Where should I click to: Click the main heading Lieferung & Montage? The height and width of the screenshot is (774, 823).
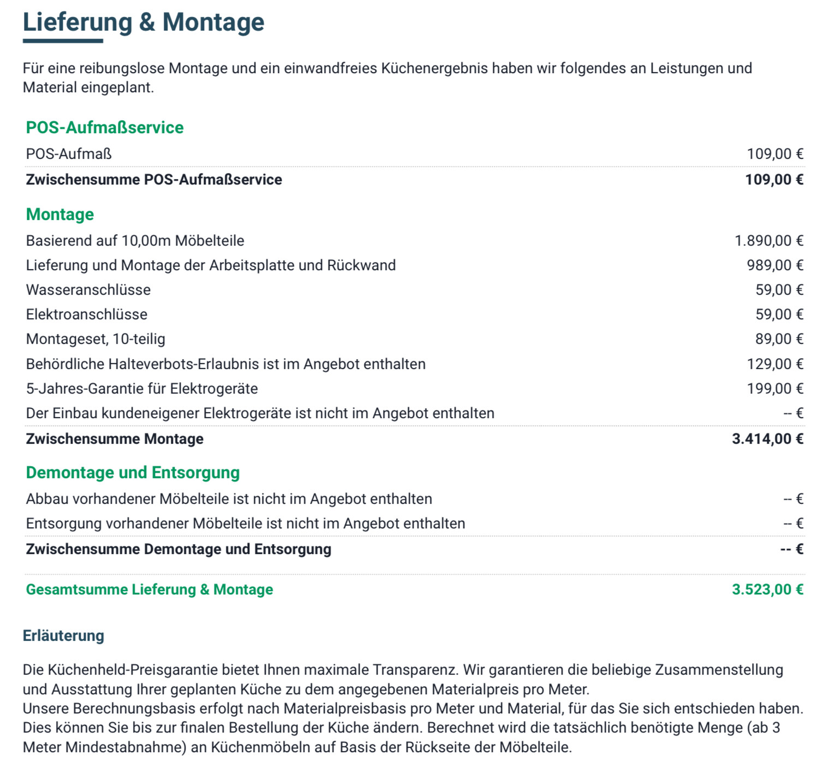pyautogui.click(x=144, y=22)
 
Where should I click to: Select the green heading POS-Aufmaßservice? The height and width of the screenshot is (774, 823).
pyautogui.click(x=105, y=127)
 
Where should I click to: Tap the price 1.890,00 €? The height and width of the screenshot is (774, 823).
pyautogui.click(x=768, y=241)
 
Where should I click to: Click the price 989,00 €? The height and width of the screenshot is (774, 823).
pyautogui.click(x=774, y=265)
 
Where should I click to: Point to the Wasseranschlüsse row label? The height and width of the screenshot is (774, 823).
pyautogui.click(x=88, y=290)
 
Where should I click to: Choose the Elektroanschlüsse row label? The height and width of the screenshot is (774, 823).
pyautogui.click(x=87, y=314)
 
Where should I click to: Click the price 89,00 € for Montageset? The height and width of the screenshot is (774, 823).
pyautogui.click(x=779, y=339)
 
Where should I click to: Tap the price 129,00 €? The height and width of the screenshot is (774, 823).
pyautogui.click(x=774, y=364)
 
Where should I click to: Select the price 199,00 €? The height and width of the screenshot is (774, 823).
pyautogui.click(x=774, y=389)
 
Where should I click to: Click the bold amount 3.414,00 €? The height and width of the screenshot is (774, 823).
pyautogui.click(x=767, y=439)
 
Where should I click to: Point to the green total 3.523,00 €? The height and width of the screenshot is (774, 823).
pyautogui.click(x=767, y=590)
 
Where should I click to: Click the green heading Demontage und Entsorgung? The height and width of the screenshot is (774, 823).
pyautogui.click(x=133, y=472)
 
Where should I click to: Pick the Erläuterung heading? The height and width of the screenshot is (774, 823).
pyautogui.click(x=63, y=635)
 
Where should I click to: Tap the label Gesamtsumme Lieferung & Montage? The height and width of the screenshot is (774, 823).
pyautogui.click(x=150, y=590)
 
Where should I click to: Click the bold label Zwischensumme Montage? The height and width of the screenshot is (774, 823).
pyautogui.click(x=115, y=439)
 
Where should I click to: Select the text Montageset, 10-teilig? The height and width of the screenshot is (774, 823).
pyautogui.click(x=96, y=339)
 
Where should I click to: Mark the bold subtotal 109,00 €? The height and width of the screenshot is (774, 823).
pyautogui.click(x=774, y=180)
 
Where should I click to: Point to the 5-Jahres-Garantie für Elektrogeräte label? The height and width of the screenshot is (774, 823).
pyautogui.click(x=142, y=389)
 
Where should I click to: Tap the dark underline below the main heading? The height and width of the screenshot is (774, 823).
pyautogui.click(x=63, y=40)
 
